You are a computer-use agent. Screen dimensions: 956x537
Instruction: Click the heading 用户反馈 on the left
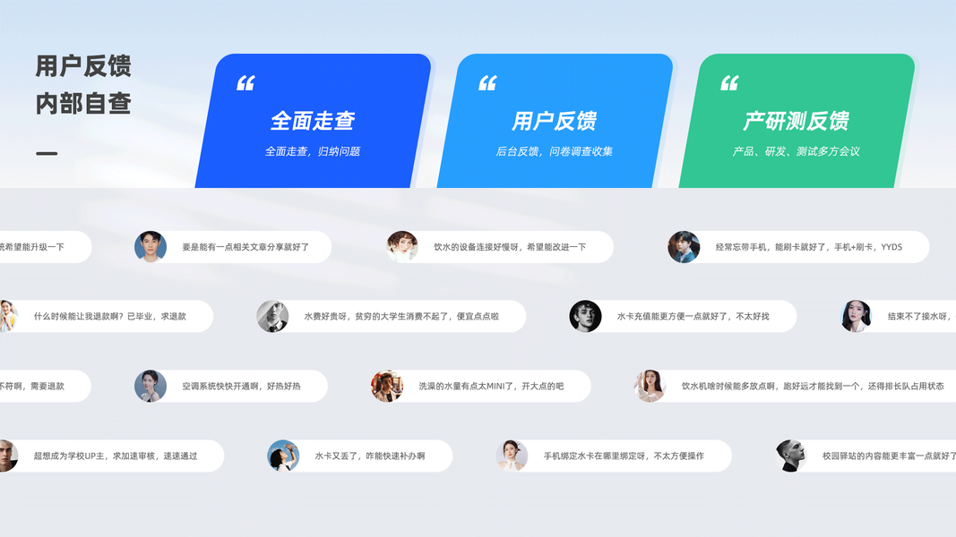pos(83,66)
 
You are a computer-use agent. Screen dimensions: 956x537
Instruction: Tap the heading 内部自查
pos(83,104)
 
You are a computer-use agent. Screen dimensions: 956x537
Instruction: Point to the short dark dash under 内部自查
pos(47,154)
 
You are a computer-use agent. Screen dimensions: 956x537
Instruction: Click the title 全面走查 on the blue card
pos(313,121)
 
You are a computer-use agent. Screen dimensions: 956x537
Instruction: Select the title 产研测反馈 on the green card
pos(796,121)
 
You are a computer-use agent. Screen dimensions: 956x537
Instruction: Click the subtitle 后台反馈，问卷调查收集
pos(554,152)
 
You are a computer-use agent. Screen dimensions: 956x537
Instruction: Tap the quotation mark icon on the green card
pos(729,83)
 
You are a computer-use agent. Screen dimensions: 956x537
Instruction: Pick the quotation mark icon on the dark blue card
pos(245,83)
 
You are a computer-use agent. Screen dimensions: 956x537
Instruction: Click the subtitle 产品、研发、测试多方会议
pos(796,152)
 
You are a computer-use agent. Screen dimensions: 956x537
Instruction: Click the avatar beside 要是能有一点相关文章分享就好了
pos(151,247)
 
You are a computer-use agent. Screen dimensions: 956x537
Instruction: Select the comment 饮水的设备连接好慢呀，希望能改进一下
pos(510,247)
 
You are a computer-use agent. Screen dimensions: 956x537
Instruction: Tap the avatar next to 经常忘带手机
pos(684,247)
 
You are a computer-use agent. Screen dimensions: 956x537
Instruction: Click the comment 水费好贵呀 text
pos(401,317)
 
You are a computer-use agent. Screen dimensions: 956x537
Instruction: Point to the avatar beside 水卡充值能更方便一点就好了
pos(585,317)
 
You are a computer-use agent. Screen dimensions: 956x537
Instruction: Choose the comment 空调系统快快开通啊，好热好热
pos(241,387)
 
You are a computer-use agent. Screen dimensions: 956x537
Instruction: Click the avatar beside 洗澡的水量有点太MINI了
pos(387,387)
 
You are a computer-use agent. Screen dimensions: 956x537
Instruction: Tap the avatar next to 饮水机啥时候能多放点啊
pos(650,387)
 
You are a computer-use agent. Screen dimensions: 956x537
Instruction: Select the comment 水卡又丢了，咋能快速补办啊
pos(369,456)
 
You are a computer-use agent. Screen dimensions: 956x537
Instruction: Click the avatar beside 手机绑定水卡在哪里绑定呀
pos(512,456)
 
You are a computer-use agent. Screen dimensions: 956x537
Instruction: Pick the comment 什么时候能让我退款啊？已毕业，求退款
pos(110,317)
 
